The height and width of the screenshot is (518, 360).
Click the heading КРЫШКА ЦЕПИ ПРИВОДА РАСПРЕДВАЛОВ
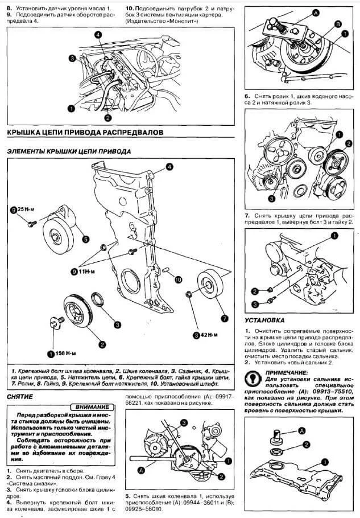click(x=85, y=131)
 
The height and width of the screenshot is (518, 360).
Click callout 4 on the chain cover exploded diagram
click(x=169, y=166)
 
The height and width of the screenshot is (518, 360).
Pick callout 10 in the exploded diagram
click(x=178, y=279)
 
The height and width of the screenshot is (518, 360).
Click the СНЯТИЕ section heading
click(x=20, y=396)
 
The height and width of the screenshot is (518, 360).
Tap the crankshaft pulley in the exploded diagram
click(x=78, y=311)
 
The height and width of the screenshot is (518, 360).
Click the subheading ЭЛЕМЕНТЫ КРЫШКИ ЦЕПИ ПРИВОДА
click(x=68, y=151)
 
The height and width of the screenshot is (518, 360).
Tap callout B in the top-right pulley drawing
click(x=338, y=23)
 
